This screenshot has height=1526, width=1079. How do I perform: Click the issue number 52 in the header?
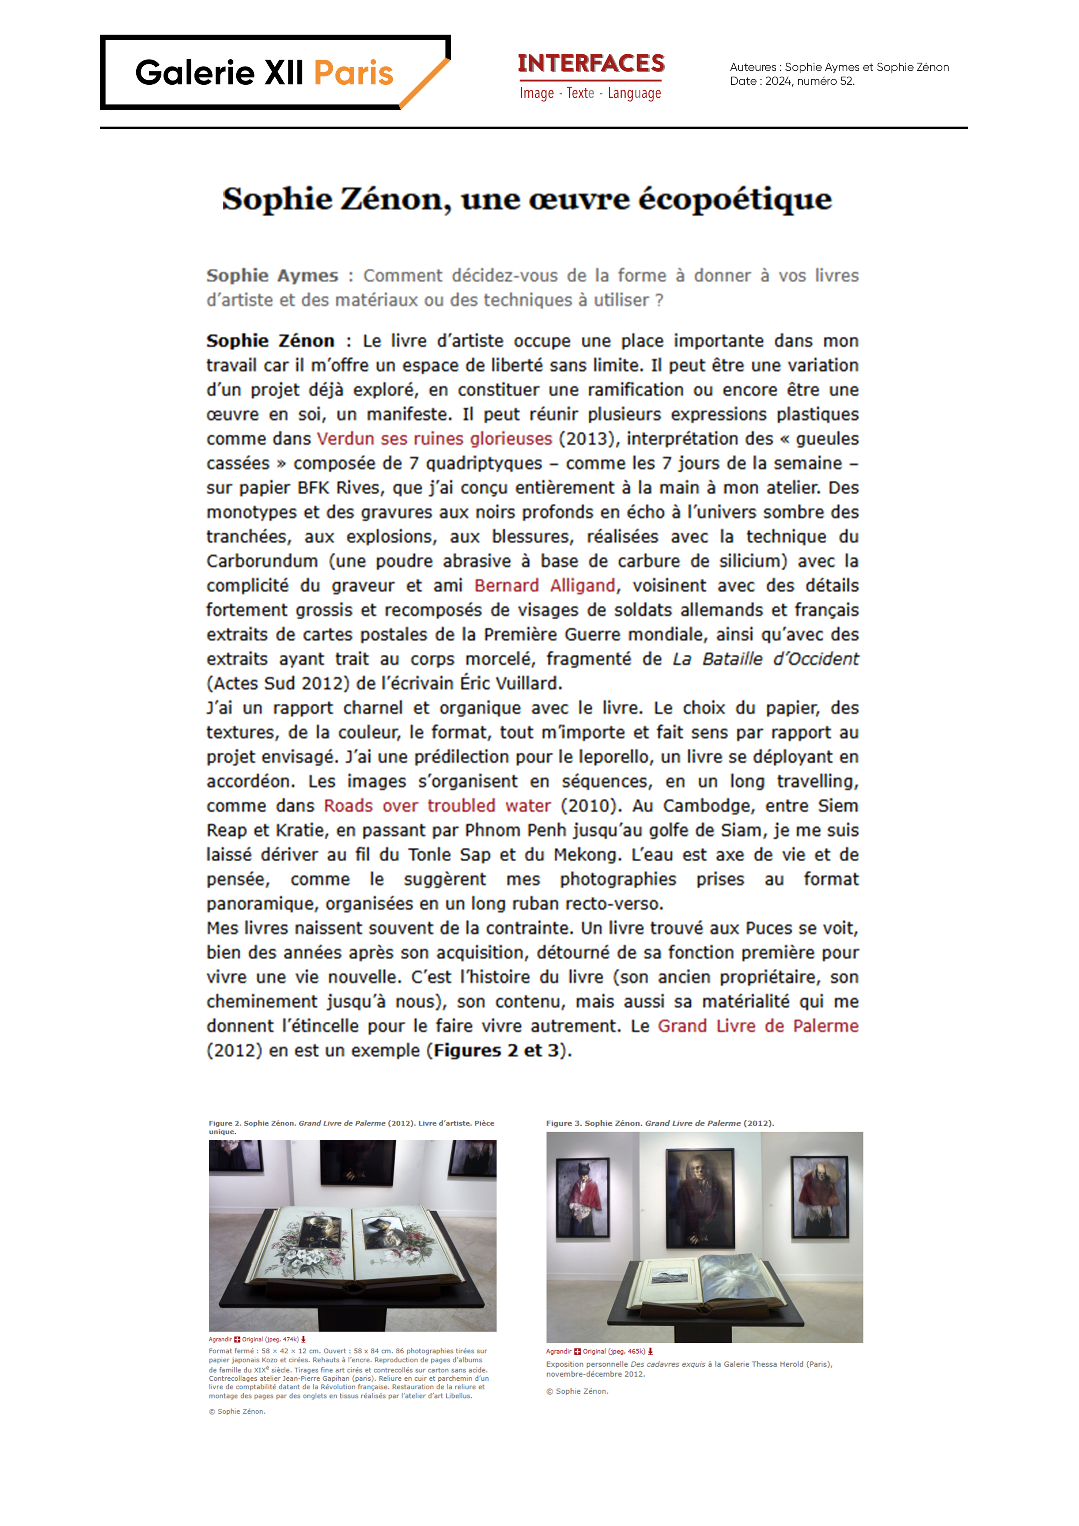pos(846,81)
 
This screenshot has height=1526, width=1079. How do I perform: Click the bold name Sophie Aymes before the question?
pos(272,275)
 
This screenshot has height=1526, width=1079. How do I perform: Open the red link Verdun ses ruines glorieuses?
pos(434,438)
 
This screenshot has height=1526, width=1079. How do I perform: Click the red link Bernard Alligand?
pos(544,586)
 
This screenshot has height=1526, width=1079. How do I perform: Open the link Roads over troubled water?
pos(437,806)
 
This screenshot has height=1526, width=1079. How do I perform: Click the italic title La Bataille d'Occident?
pos(765,659)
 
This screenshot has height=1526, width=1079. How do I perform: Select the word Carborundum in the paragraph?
pos(262,561)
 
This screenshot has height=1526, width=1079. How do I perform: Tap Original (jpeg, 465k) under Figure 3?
pos(613,1351)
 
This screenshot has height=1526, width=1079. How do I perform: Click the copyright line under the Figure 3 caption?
pos(576,1391)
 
